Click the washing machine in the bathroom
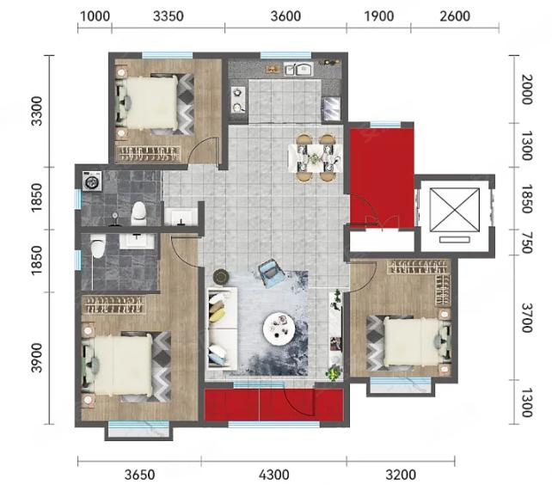[92, 181]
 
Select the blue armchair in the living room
[271, 272]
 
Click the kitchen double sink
[299, 69]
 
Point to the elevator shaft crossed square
[455, 210]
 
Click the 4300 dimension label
[274, 475]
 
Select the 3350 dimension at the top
[169, 16]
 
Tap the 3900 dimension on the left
[36, 358]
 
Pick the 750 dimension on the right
[526, 242]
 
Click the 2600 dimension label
[455, 16]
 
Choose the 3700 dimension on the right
[526, 317]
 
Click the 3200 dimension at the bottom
[401, 475]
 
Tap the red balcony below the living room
[274, 405]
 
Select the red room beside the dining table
[382, 178]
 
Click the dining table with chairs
[315, 157]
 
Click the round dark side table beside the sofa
[221, 277]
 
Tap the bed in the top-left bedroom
[155, 103]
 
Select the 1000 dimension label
[95, 16]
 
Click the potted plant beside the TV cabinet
[334, 373]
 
